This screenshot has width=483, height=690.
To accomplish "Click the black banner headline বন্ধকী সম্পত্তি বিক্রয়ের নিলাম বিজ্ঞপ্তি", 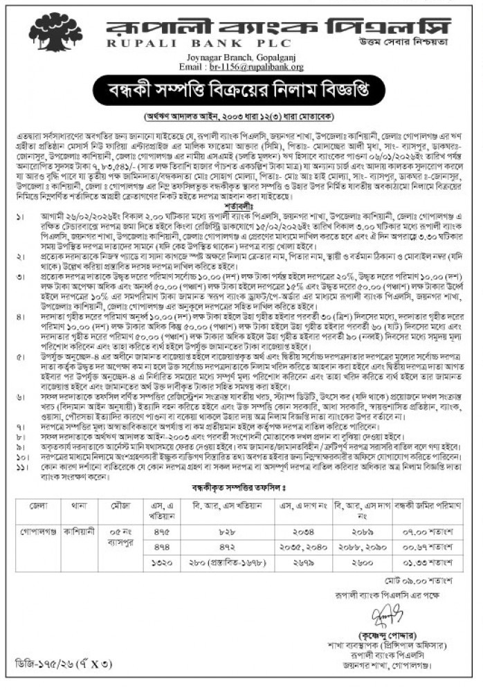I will pyautogui.click(x=241, y=91).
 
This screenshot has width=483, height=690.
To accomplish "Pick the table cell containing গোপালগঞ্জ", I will pyautogui.click(x=43, y=530).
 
